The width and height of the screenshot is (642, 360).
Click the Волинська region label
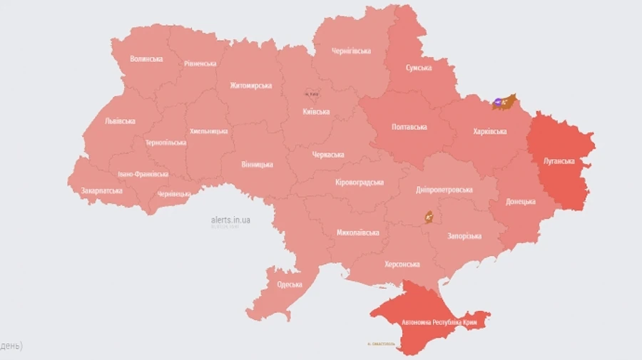click(x=147, y=58)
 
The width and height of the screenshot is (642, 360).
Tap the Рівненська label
click(x=200, y=63)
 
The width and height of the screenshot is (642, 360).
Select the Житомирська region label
click(x=250, y=86)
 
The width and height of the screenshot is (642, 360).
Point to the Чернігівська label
click(x=351, y=51)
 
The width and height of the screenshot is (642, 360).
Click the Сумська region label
click(x=419, y=68)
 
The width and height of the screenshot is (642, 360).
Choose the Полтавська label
click(x=409, y=127)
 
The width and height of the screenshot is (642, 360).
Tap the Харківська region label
click(x=490, y=132)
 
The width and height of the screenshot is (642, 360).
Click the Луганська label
click(x=559, y=161)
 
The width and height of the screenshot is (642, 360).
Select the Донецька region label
click(x=521, y=202)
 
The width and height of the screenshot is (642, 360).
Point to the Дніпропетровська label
click(x=444, y=190)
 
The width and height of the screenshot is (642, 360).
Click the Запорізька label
click(x=464, y=236)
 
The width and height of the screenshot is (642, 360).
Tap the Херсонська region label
click(x=402, y=264)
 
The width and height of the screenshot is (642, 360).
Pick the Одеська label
click(x=290, y=284)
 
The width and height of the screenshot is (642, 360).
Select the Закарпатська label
click(x=101, y=191)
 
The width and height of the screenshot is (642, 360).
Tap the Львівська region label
click(x=120, y=121)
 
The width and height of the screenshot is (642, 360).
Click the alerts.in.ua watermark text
click(x=230, y=220)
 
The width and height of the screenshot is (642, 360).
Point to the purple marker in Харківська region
click(x=497, y=104)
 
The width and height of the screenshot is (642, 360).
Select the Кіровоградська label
click(x=360, y=182)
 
